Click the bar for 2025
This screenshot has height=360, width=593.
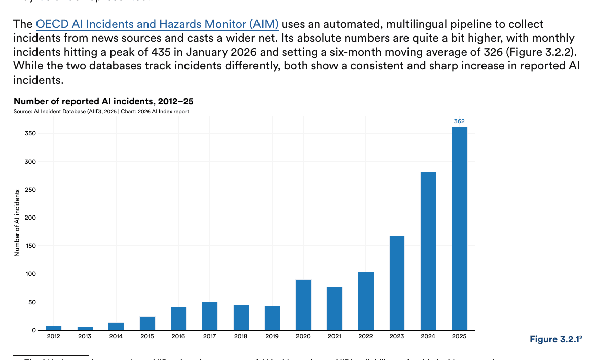pyautogui.click(x=459, y=228)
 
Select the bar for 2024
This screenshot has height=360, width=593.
pyautogui.click(x=428, y=251)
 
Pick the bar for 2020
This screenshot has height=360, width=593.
pyautogui.click(x=304, y=305)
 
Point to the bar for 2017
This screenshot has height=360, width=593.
pyautogui.click(x=210, y=316)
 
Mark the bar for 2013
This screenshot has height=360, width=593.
pyautogui.click(x=85, y=329)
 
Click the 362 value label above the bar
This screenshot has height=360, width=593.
pyautogui.click(x=459, y=121)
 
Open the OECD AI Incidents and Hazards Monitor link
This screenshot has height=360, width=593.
pyautogui.click(x=157, y=24)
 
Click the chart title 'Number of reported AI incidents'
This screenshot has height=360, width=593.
pyautogui.click(x=103, y=102)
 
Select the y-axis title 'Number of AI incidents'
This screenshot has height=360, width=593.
pyautogui.click(x=17, y=223)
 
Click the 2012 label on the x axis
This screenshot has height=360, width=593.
pyautogui.click(x=54, y=336)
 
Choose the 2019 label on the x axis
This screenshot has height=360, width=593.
pyautogui.click(x=272, y=336)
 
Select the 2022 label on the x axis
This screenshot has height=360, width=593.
pyautogui.click(x=366, y=336)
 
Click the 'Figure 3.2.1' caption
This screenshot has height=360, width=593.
pyautogui.click(x=555, y=339)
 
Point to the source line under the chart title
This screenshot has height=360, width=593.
pyautogui.click(x=101, y=112)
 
